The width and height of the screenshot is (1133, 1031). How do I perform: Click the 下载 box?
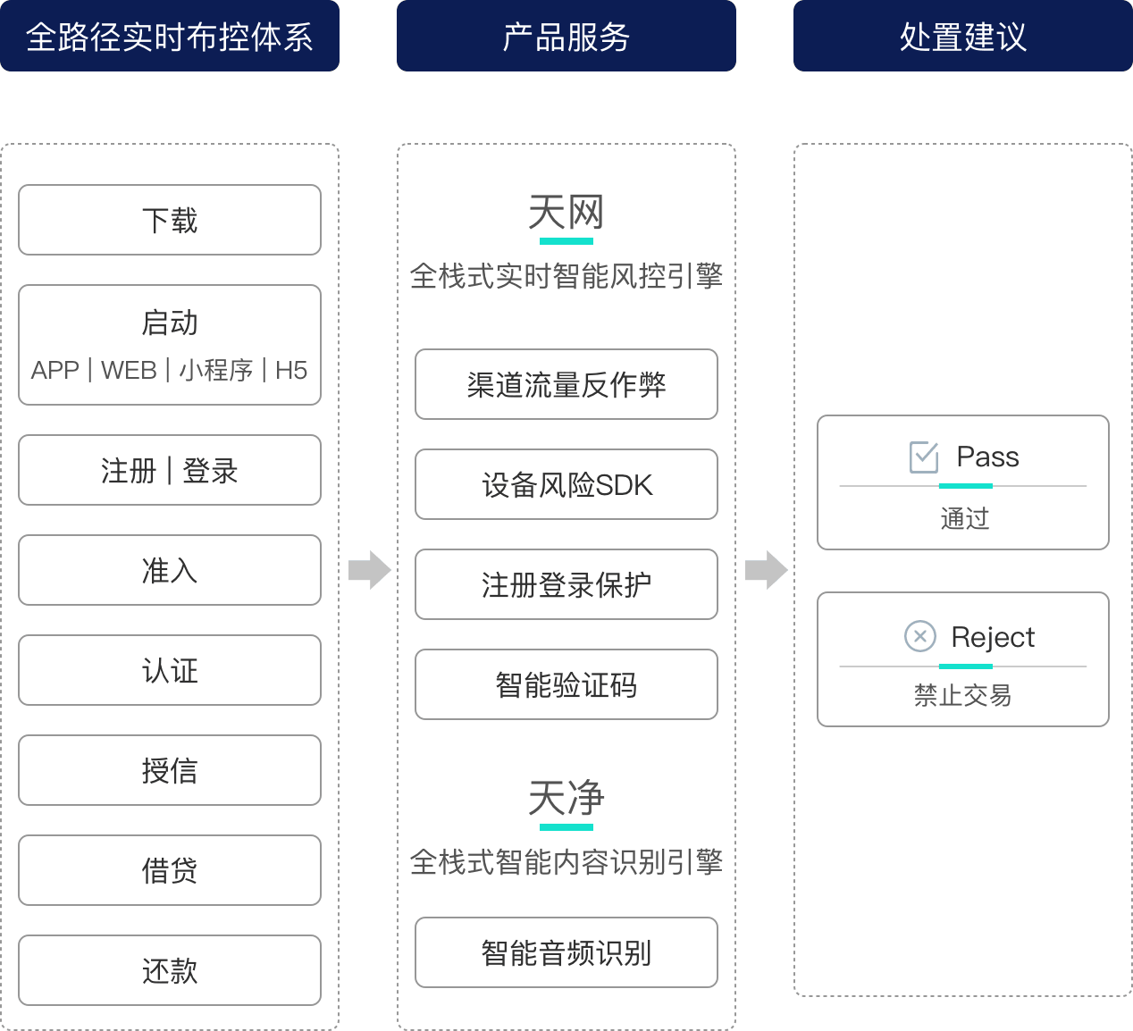[170, 220]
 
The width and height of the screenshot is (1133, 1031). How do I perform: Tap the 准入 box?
[170, 570]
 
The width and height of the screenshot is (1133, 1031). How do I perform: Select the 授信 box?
[170, 770]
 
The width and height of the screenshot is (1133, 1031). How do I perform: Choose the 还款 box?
[170, 970]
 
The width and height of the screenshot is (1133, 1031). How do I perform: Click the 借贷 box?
[170, 870]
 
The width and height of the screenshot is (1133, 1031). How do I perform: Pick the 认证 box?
[170, 670]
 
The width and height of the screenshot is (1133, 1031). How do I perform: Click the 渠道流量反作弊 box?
[566, 384]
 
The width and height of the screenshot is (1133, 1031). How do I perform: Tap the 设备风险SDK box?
[566, 484]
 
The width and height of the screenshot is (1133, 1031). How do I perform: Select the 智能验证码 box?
[566, 684]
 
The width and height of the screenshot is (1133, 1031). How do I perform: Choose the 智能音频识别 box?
[566, 952]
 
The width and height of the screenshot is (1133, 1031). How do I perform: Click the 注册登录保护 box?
[566, 584]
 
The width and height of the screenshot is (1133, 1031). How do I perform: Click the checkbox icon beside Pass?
[924, 457]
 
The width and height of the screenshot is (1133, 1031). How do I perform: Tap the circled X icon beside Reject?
[920, 636]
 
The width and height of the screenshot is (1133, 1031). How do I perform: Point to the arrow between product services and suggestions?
[767, 569]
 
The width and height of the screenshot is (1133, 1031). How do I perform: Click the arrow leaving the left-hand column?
[370, 569]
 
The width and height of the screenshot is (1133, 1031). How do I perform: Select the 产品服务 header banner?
[566, 36]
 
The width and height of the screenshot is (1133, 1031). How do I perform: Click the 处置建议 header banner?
[963, 36]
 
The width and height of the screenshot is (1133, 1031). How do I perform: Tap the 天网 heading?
[566, 213]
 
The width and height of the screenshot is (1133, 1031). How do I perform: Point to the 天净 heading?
[566, 798]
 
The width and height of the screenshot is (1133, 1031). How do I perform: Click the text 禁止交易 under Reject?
[963, 695]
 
